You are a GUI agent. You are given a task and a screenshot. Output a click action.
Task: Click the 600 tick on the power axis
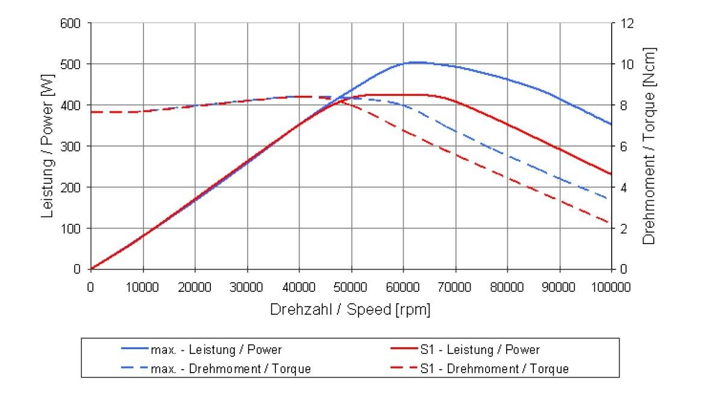point(72,24)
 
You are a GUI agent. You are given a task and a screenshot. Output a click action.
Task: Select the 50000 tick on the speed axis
point(351,287)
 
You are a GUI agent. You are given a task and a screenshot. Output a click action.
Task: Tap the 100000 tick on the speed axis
point(611,287)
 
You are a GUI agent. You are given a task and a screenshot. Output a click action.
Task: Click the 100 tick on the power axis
point(72,229)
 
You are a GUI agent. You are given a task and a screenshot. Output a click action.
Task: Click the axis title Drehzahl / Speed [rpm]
point(351,309)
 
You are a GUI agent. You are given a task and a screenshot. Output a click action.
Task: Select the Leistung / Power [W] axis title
point(48,145)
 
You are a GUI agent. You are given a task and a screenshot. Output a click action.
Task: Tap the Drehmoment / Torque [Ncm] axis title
point(648,145)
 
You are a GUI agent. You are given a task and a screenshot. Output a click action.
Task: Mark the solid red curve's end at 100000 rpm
point(611,174)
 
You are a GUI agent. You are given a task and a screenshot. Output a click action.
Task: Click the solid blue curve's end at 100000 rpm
point(611,124)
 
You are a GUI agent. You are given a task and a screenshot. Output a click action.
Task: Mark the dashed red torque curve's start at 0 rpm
point(91,112)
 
